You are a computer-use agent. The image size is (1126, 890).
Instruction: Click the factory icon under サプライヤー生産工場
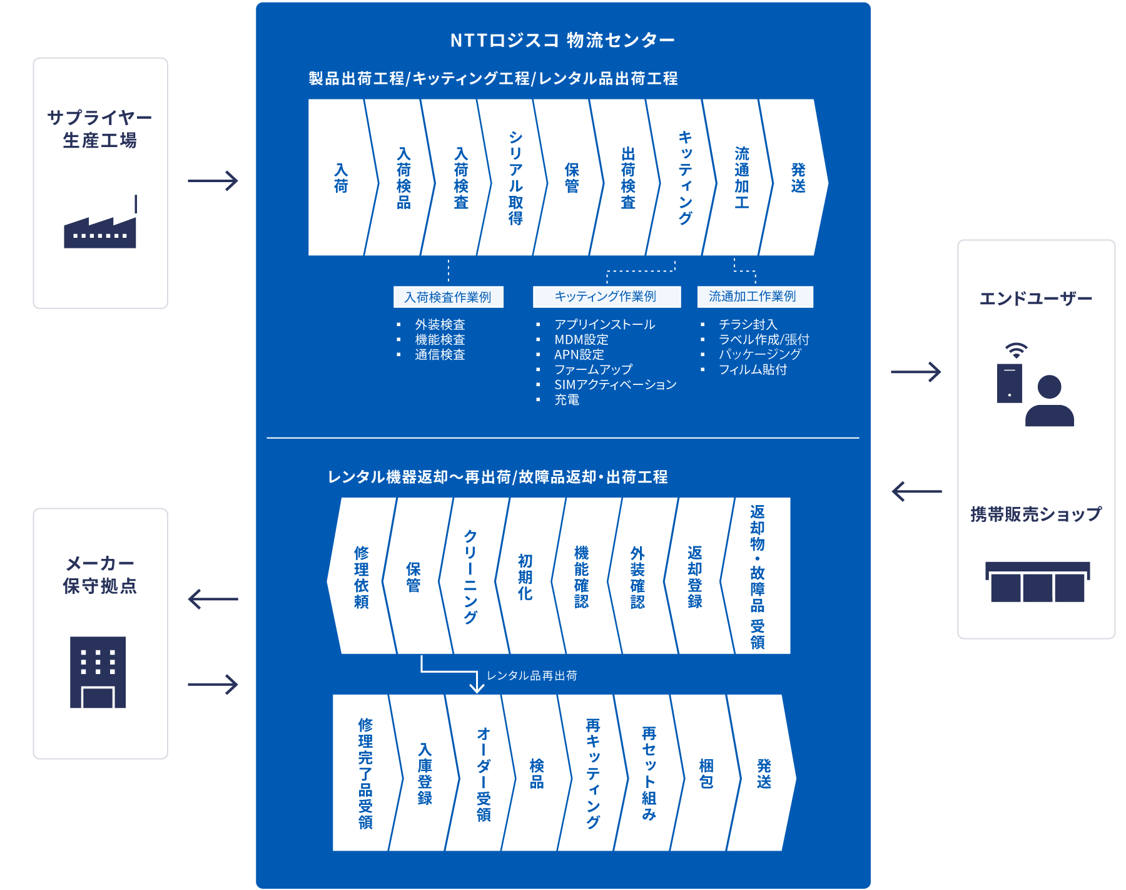pyautogui.click(x=100, y=225)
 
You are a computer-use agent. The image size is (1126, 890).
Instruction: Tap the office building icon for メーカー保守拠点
pyautogui.click(x=98, y=672)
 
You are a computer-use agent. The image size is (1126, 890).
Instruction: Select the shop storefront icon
pyautogui.click(x=1037, y=582)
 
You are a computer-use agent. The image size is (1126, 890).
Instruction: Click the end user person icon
pyautogui.click(x=1049, y=401)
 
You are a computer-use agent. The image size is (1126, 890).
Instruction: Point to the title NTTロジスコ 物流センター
pyautogui.click(x=562, y=41)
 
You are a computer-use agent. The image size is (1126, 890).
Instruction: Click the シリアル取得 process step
pyautogui.click(x=515, y=178)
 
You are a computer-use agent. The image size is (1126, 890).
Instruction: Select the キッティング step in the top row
pyautogui.click(x=685, y=178)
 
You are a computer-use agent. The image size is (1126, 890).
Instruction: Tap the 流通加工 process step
pyautogui.click(x=741, y=178)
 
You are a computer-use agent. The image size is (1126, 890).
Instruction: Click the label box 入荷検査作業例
pyautogui.click(x=448, y=297)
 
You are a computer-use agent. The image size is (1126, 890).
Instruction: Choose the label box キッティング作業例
pyautogui.click(x=606, y=297)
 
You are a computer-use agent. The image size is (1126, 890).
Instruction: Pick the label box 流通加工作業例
pyautogui.click(x=754, y=297)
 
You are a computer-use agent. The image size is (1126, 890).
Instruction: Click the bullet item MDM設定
pyautogui.click(x=581, y=340)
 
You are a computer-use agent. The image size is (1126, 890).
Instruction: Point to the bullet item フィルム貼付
pyautogui.click(x=753, y=370)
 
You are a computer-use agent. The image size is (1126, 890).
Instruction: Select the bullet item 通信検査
pyautogui.click(x=440, y=355)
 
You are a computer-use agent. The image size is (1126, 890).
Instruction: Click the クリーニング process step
pyautogui.click(x=470, y=576)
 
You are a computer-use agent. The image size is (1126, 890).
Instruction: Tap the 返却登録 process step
pyautogui.click(x=694, y=576)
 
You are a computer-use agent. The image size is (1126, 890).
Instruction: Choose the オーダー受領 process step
pyautogui.click(x=483, y=774)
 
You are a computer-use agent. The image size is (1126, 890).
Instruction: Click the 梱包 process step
pyautogui.click(x=706, y=774)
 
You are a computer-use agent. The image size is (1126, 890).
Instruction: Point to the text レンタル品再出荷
pyautogui.click(x=532, y=676)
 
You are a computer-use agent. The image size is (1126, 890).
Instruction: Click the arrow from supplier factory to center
pyautogui.click(x=213, y=182)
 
